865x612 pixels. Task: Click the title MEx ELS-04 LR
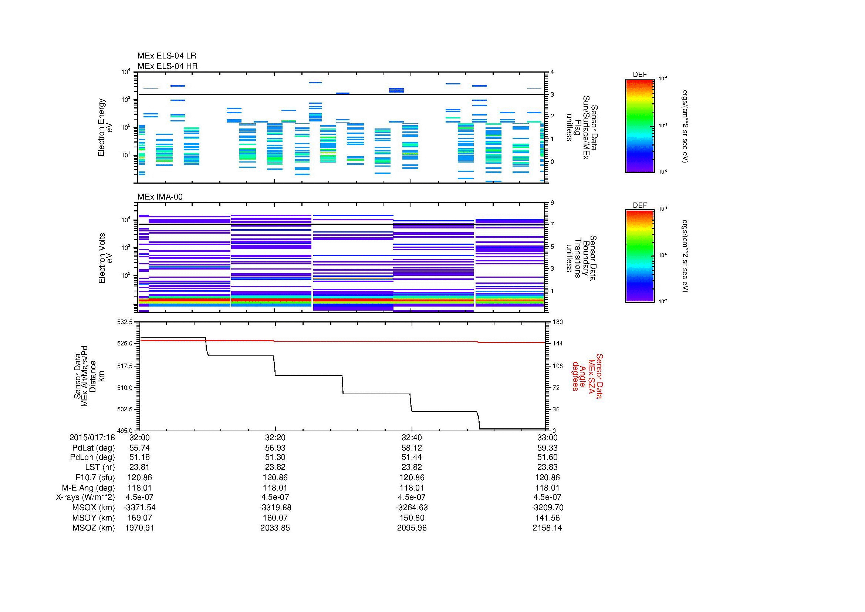click(x=166, y=56)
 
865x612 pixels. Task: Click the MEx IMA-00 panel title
click(x=160, y=197)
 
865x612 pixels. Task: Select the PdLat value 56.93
click(x=275, y=448)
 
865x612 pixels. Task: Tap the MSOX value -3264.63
click(x=412, y=507)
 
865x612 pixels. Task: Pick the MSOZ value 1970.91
click(x=139, y=528)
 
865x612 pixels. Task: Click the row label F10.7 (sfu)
click(x=95, y=477)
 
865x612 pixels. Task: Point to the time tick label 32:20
click(x=275, y=437)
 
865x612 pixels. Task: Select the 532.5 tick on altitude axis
click(x=125, y=322)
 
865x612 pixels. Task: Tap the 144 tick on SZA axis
click(x=557, y=344)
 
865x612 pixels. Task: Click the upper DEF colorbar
click(x=639, y=126)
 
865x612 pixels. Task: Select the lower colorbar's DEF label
click(x=639, y=205)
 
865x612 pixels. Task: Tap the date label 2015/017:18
click(x=92, y=437)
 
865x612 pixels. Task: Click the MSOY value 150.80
click(x=412, y=517)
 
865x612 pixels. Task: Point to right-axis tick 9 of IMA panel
click(x=552, y=203)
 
